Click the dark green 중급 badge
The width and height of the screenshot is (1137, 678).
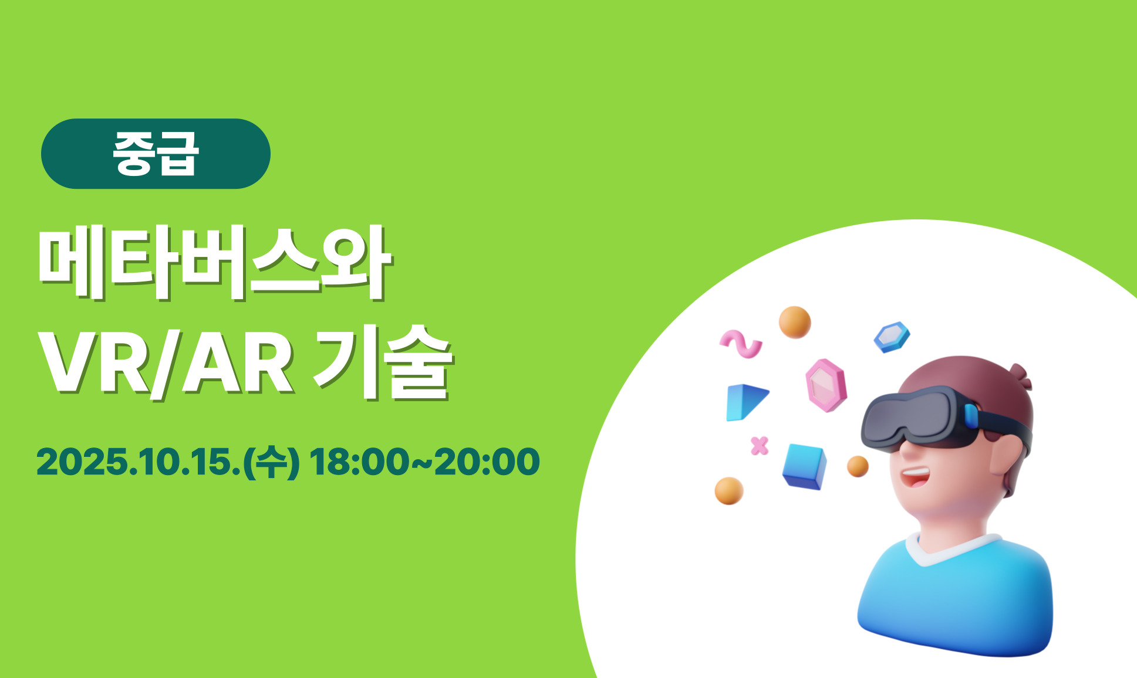156,154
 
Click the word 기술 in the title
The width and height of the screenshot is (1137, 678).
382,364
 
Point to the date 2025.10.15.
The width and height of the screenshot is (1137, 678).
139,462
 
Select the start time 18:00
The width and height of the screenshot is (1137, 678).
358,462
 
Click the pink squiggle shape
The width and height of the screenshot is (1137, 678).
741,344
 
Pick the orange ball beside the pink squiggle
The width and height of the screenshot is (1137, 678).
795,322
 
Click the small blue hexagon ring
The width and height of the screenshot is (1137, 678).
892,337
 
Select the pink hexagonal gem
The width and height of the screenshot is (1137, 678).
826,385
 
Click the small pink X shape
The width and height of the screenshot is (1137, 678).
760,446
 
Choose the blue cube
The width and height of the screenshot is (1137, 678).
804,466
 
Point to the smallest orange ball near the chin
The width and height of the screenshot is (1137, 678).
858,466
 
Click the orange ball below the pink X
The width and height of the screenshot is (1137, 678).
729,491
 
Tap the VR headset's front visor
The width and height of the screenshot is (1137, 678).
916,418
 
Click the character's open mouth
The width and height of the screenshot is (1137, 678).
915,475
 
